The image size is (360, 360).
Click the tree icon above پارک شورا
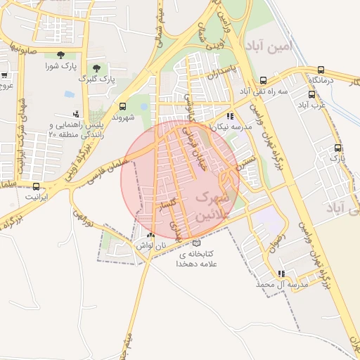tap(61, 54)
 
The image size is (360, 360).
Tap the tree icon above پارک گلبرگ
tap(96, 68)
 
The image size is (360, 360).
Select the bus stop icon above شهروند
tap(124, 107)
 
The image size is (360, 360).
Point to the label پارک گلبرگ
tap(97, 79)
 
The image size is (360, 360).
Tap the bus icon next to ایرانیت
tap(36, 186)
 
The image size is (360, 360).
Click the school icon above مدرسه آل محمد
tap(281, 274)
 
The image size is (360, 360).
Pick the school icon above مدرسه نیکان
tap(230, 116)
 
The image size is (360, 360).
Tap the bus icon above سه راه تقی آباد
tap(263, 80)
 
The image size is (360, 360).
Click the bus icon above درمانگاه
tap(321, 70)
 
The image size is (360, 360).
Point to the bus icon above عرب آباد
tap(310, 94)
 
